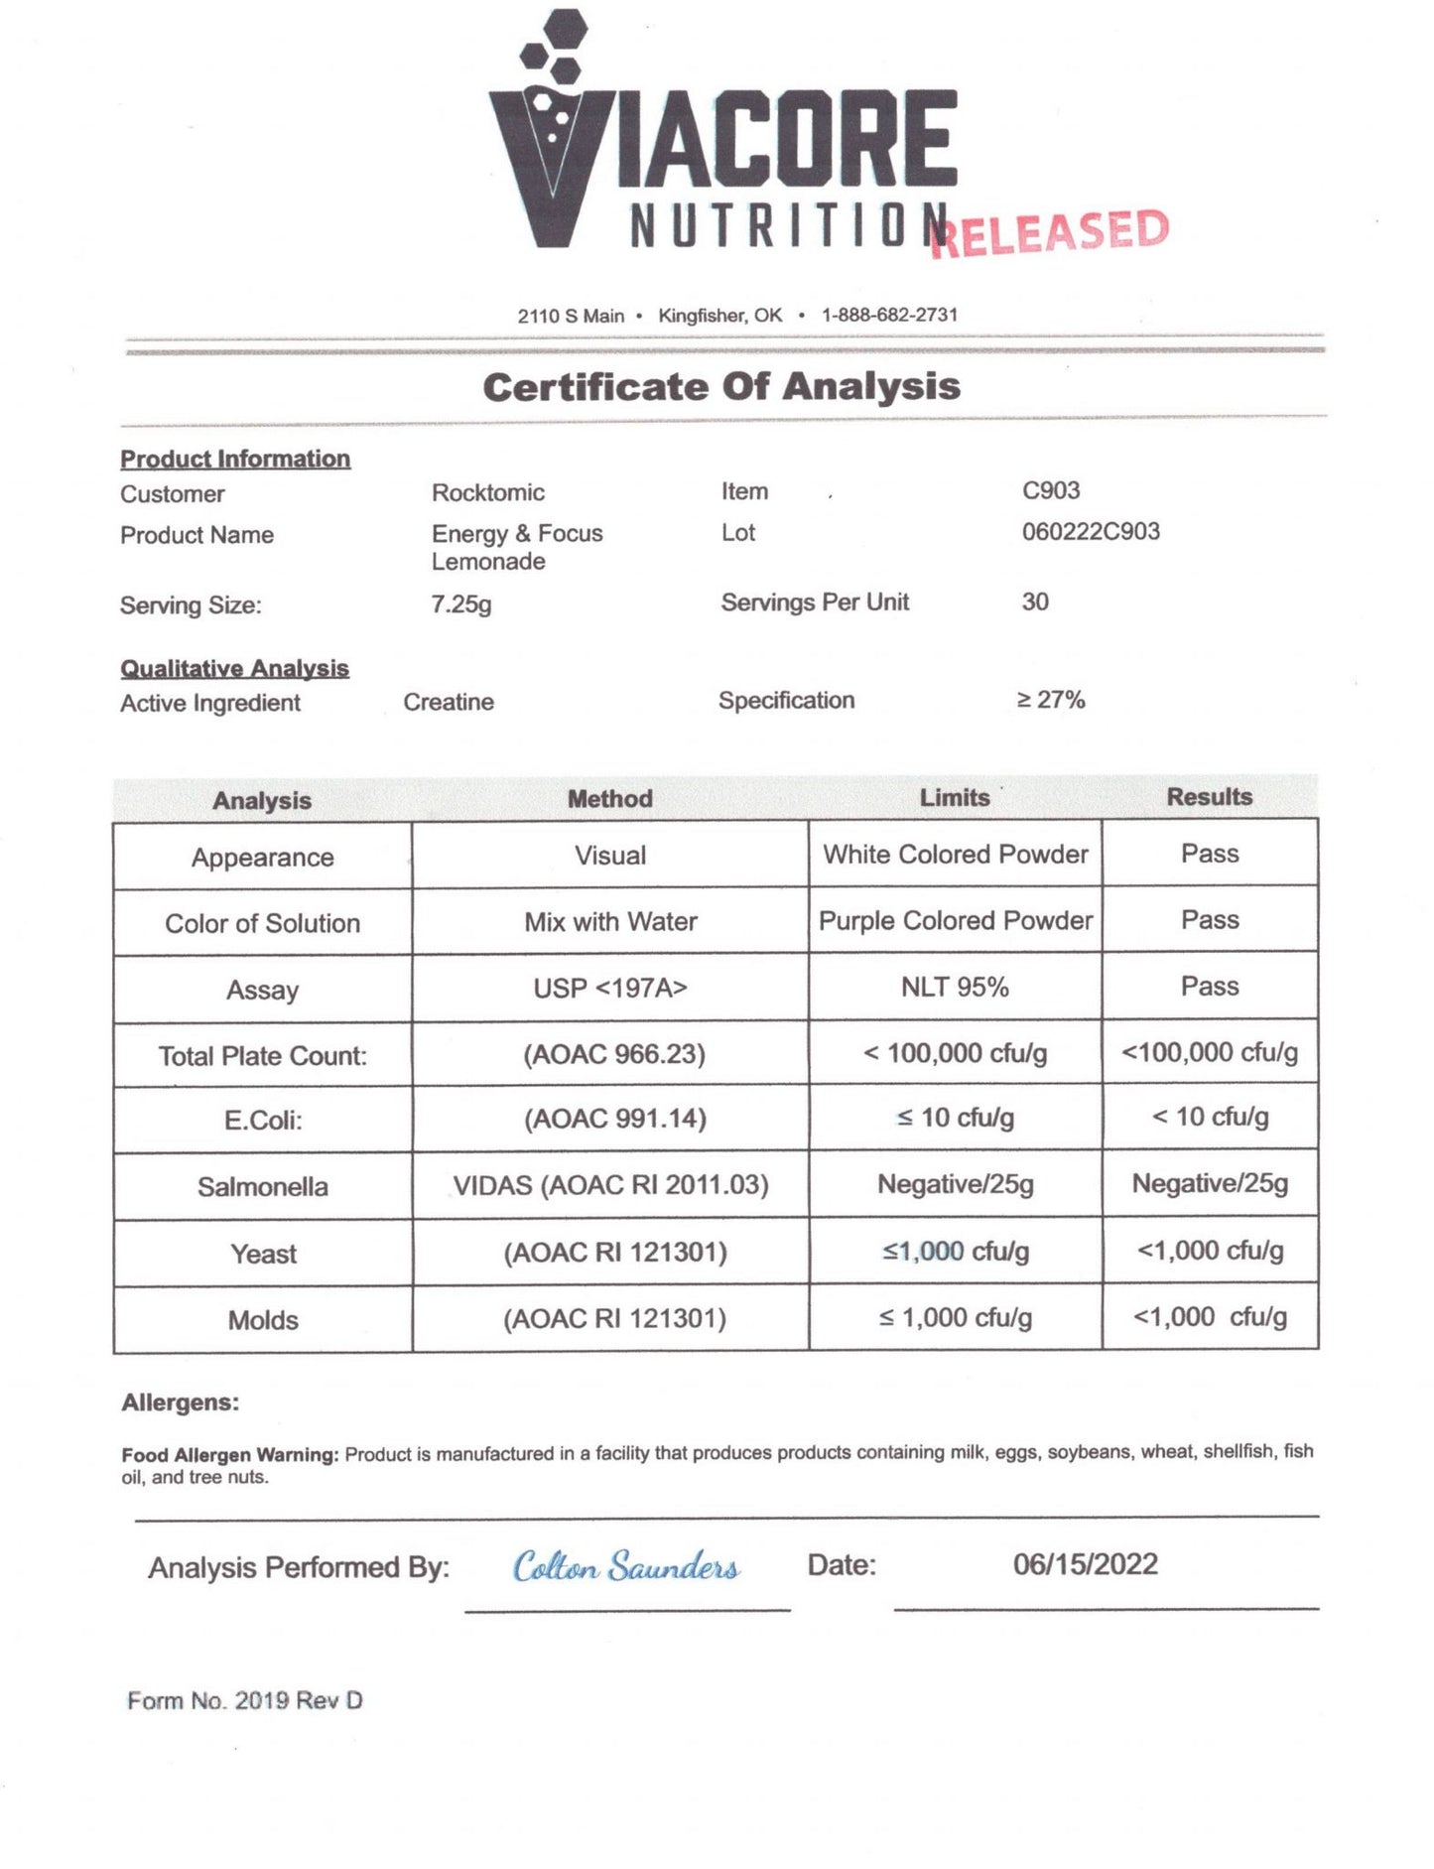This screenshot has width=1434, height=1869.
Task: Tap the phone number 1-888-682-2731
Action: (x=889, y=315)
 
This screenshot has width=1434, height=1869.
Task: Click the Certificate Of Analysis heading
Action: (x=721, y=387)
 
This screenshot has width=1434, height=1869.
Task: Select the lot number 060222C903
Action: (x=1091, y=531)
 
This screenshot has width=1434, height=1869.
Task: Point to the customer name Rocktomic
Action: (x=488, y=492)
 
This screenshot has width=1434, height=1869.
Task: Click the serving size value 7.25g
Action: (x=460, y=603)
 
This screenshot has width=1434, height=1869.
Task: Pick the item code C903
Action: (x=1051, y=490)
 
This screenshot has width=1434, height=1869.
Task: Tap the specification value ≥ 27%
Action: (x=1051, y=700)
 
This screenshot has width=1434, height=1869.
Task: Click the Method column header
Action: (x=609, y=799)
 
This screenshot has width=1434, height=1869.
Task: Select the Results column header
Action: (x=1209, y=797)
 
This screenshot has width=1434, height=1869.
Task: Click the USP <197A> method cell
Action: (x=609, y=989)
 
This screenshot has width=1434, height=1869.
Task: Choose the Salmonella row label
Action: (x=262, y=1187)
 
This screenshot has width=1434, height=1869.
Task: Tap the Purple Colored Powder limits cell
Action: (x=955, y=921)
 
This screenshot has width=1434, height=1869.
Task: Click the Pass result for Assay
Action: (x=1210, y=987)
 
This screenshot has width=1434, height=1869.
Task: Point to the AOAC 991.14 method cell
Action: (x=614, y=1120)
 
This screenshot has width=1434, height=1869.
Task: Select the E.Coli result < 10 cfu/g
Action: (x=1210, y=1118)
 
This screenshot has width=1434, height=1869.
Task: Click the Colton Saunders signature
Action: (x=625, y=1567)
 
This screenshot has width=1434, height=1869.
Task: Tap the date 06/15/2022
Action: (x=1085, y=1564)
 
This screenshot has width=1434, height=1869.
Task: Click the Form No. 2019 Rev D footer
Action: (x=245, y=1701)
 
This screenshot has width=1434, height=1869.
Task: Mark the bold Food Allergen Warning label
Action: (x=230, y=1455)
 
